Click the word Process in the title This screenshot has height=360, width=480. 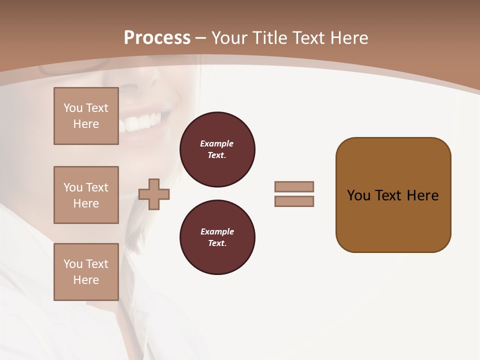[157, 37]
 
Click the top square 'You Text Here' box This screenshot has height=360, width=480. [86, 116]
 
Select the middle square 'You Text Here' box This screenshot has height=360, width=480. [86, 195]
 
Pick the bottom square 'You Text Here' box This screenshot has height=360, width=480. [86, 272]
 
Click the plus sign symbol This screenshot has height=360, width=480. [154, 194]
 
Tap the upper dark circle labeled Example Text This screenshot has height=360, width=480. [217, 149]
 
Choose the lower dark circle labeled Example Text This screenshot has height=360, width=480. [217, 237]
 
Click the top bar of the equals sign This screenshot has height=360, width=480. [294, 186]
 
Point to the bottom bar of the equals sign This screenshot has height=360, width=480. [294, 201]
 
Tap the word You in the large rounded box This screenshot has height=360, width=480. [358, 195]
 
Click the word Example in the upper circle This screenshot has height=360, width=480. [217, 143]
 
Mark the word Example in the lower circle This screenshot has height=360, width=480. [217, 231]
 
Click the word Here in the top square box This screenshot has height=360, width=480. [86, 124]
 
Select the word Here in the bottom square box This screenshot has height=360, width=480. [86, 280]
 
